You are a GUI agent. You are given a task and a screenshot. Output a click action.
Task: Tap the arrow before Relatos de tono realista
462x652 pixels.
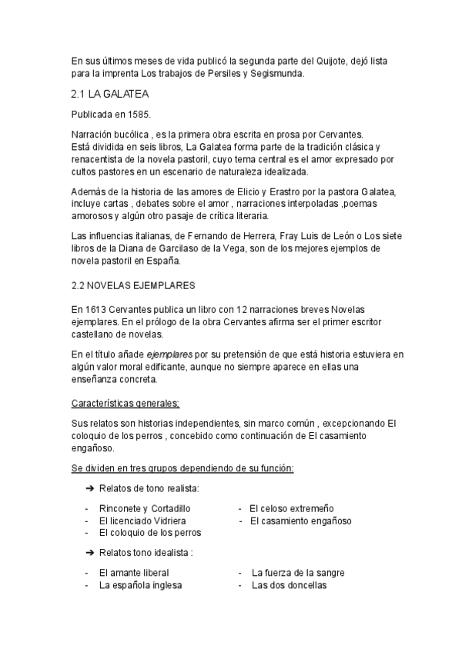[x=89, y=489]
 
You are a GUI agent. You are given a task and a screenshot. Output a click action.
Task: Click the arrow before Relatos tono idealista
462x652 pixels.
[x=89, y=553]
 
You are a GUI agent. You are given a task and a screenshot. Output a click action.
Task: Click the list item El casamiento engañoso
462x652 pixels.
[x=301, y=521]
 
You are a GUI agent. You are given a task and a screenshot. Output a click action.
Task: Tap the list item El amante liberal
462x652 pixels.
[x=133, y=573]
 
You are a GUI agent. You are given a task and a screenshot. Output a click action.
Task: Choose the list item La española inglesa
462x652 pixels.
[x=139, y=584]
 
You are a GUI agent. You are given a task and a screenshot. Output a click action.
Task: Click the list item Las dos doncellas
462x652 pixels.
[x=289, y=584]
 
